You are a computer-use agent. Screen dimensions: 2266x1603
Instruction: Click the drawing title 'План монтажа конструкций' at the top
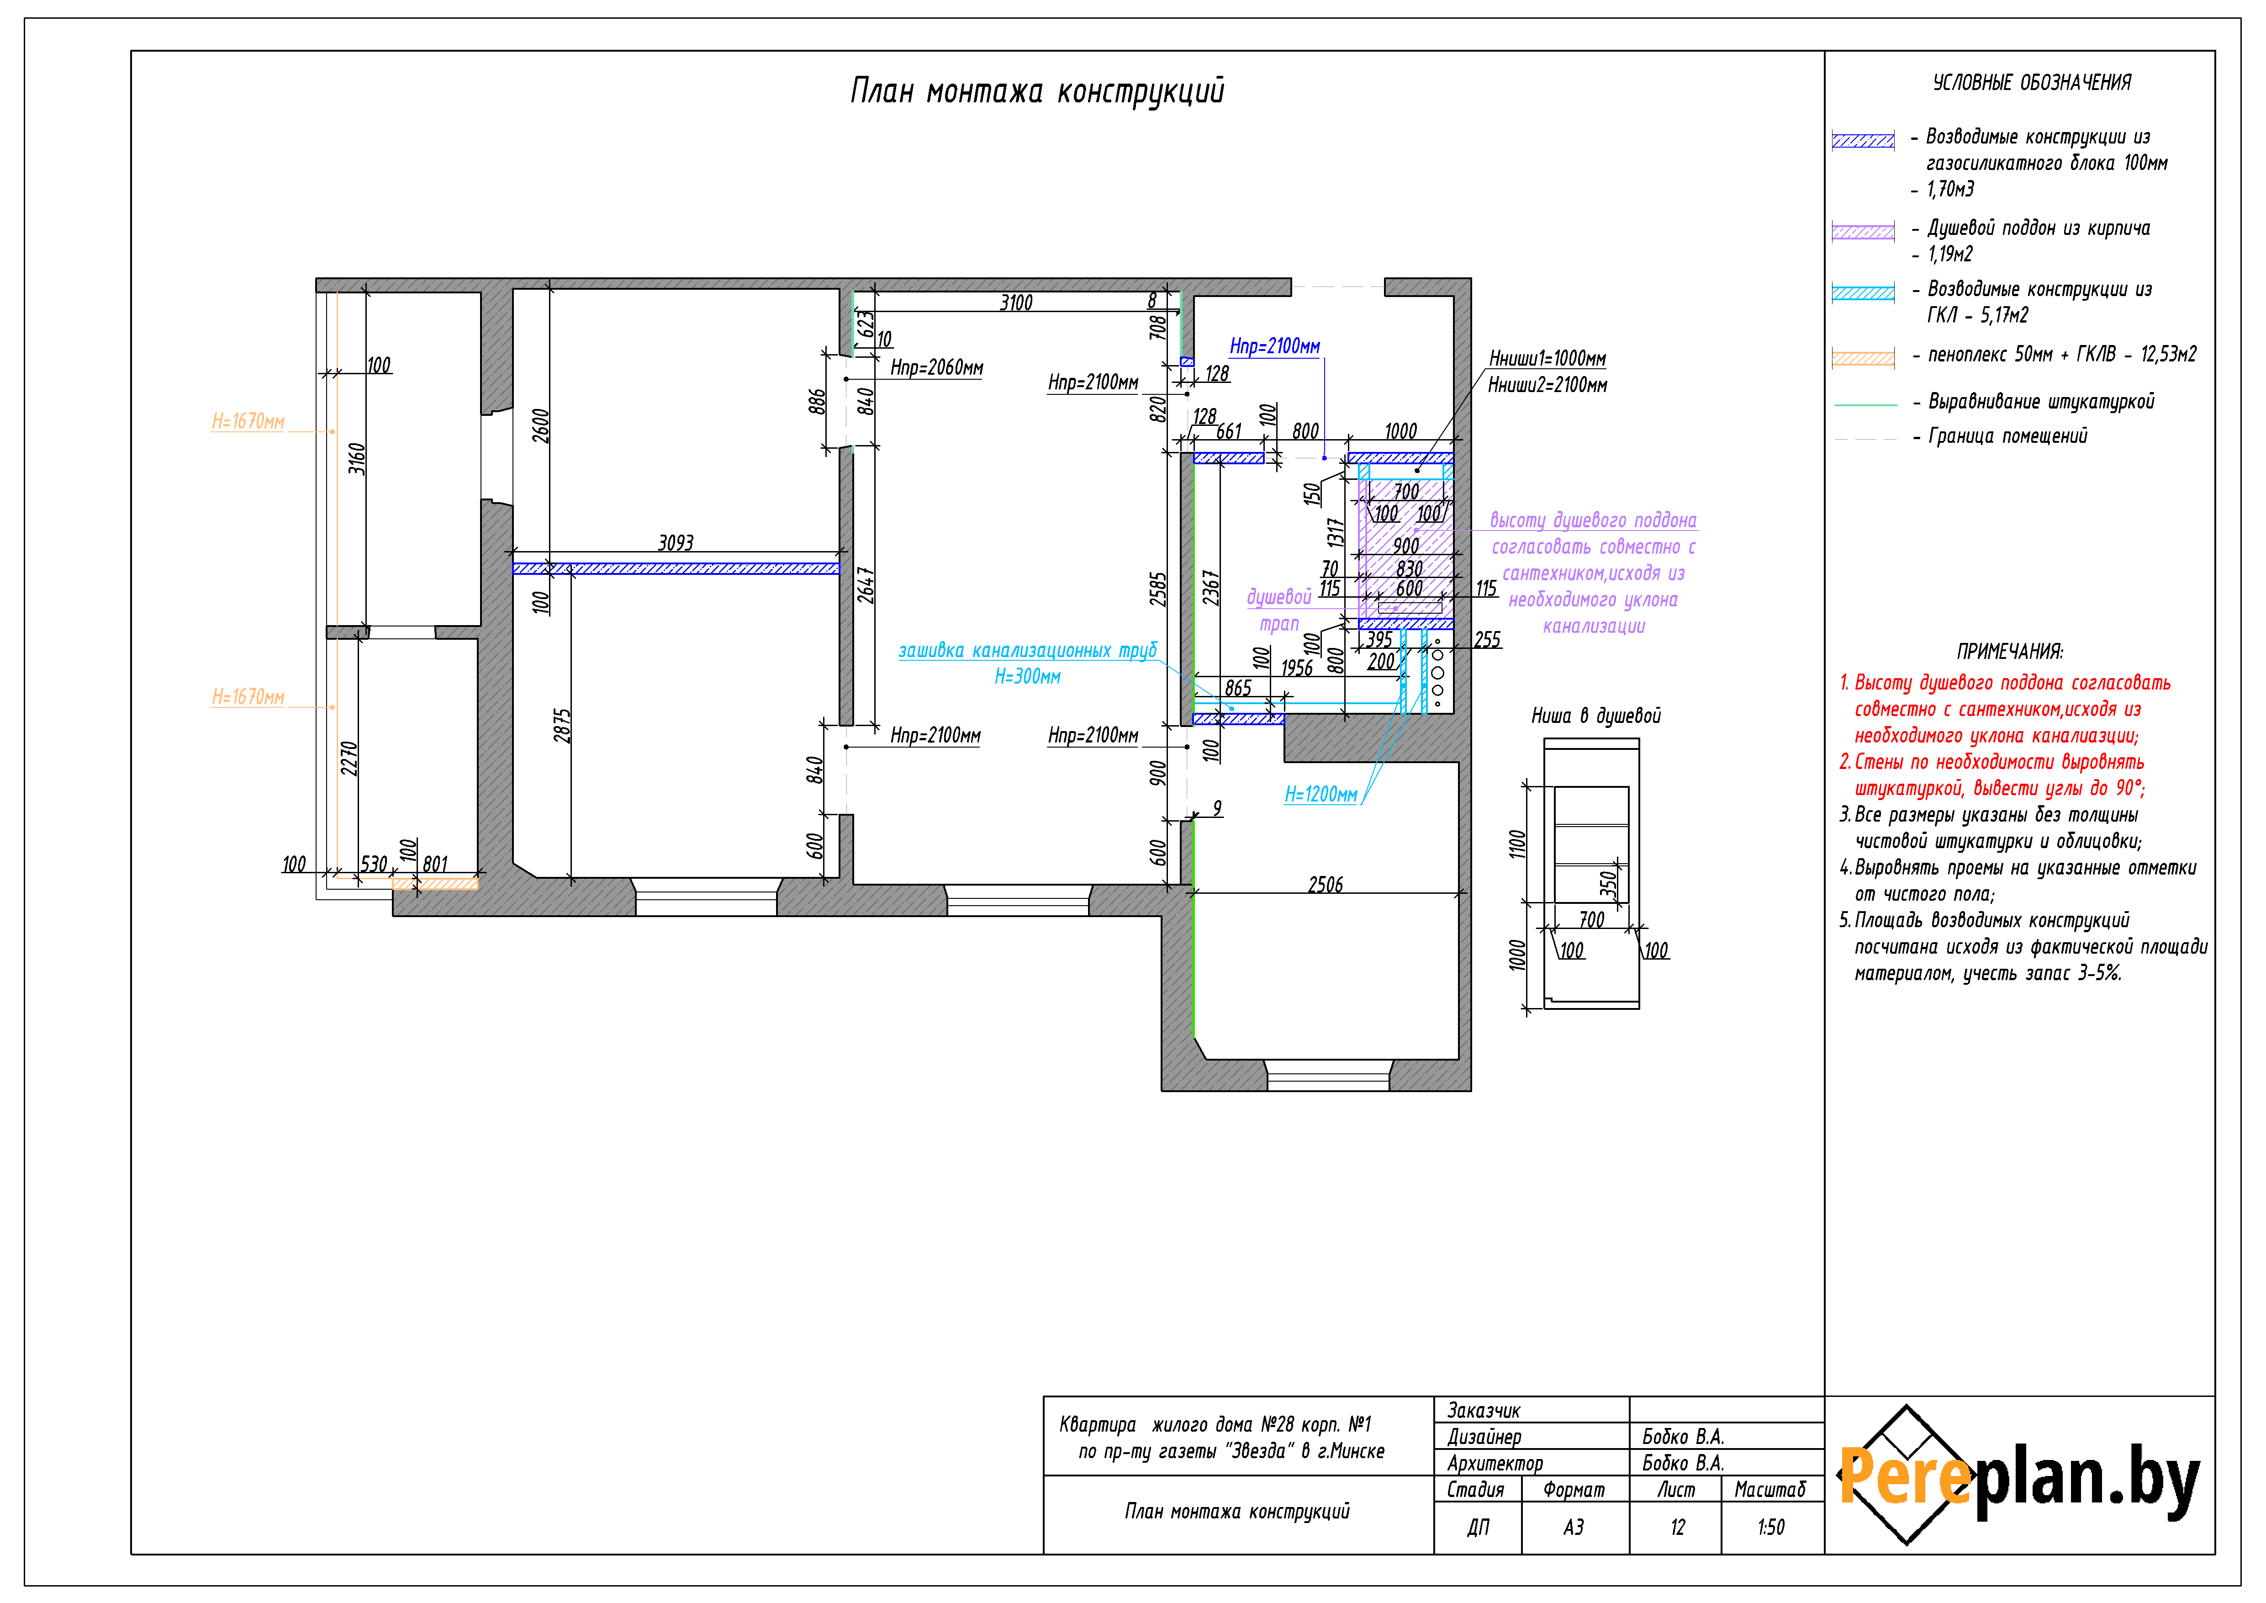1037,91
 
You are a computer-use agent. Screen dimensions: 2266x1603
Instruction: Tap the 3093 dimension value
676,543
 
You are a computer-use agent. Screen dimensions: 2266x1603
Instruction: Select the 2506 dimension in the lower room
1326,884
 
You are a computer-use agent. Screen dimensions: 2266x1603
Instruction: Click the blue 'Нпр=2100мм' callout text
1274,346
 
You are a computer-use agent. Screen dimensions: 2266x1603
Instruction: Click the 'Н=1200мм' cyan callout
1321,795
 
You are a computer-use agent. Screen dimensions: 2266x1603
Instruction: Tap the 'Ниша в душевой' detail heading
1596,716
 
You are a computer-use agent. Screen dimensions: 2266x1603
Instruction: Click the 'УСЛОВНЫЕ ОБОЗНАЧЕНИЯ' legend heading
2032,83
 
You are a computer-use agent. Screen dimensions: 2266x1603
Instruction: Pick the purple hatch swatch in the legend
1863,232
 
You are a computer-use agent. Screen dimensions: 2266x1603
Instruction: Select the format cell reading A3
1574,1527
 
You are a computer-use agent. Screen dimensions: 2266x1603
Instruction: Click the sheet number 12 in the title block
1678,1527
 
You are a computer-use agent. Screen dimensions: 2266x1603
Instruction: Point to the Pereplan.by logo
2018,1475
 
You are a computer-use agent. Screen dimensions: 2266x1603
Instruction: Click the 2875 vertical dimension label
563,726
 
